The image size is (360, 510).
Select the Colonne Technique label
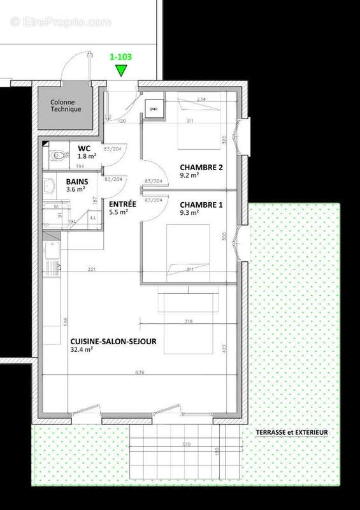(x=66, y=105)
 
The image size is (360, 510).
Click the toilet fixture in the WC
(x=57, y=154)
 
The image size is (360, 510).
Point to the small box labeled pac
(x=154, y=109)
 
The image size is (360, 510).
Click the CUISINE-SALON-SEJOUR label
(x=113, y=340)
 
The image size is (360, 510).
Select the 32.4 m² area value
(x=82, y=349)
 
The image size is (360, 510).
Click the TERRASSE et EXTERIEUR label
(x=292, y=432)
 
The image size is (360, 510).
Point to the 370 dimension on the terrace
(x=185, y=444)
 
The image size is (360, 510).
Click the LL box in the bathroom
(x=93, y=218)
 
